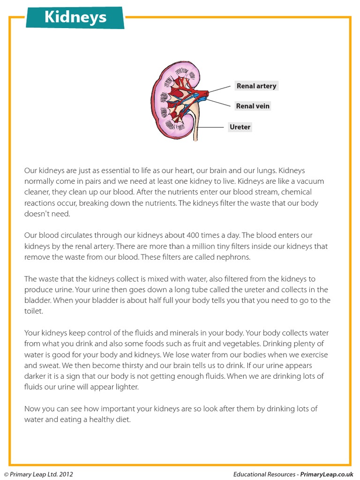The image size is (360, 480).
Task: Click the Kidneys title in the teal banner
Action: pyautogui.click(x=75, y=17)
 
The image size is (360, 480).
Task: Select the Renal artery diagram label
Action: pyautogui.click(x=256, y=86)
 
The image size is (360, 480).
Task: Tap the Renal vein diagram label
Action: pyautogui.click(x=253, y=106)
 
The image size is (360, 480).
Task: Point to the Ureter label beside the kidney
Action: pyautogui.click(x=240, y=127)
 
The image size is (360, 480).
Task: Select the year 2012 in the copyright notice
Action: pyautogui.click(x=66, y=474)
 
